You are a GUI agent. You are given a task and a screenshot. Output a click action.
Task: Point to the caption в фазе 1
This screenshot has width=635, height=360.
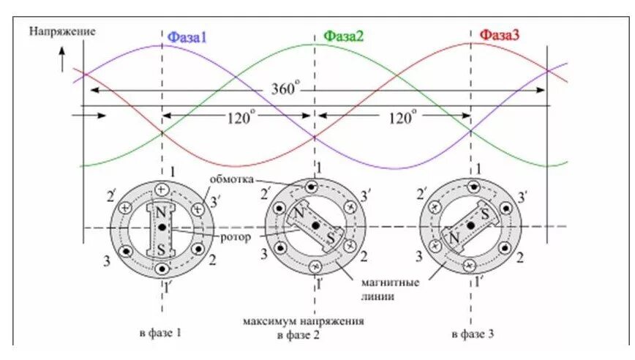tap(159, 334)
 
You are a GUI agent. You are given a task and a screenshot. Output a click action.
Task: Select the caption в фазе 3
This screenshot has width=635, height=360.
tap(473, 334)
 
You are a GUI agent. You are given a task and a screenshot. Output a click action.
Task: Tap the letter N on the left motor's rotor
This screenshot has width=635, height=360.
tap(160, 213)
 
